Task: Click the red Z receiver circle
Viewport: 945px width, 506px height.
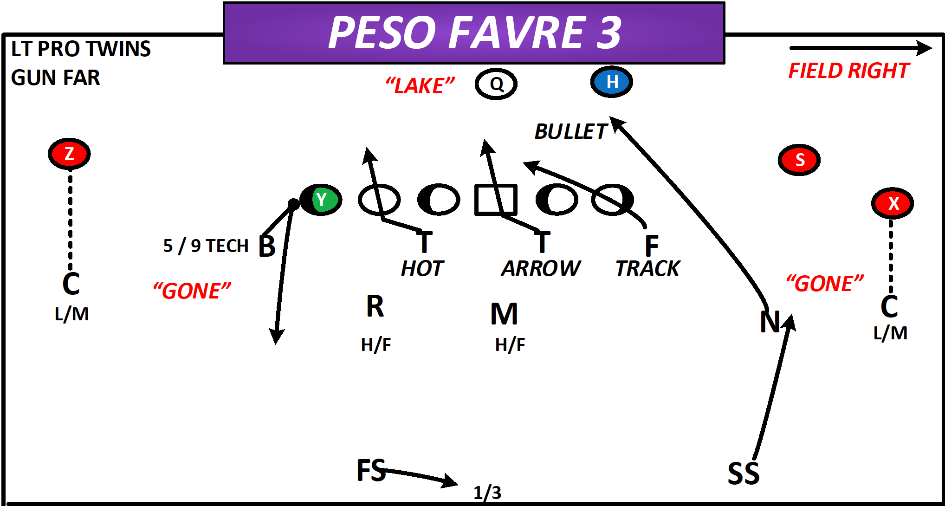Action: pyautogui.click(x=69, y=154)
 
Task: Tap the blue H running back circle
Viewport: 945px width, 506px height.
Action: pyautogui.click(x=611, y=82)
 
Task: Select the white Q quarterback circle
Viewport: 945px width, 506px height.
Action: pyautogui.click(x=496, y=84)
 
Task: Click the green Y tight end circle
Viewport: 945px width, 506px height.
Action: pyautogui.click(x=321, y=200)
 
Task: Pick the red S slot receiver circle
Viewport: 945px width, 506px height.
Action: pyautogui.click(x=799, y=160)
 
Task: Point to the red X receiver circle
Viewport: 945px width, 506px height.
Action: pyautogui.click(x=892, y=203)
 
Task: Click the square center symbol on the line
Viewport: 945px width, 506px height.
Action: pyautogui.click(x=495, y=200)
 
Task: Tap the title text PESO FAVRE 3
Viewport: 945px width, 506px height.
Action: pyautogui.click(x=474, y=32)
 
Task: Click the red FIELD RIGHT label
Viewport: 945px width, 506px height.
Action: pyautogui.click(x=848, y=71)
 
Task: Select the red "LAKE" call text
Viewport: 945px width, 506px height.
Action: pyautogui.click(x=420, y=86)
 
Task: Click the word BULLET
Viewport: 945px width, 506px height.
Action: pyautogui.click(x=570, y=132)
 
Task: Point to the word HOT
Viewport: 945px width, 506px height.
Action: pyautogui.click(x=422, y=268)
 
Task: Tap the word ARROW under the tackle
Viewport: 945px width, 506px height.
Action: pyautogui.click(x=540, y=268)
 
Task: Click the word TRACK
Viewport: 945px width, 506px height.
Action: pyautogui.click(x=647, y=268)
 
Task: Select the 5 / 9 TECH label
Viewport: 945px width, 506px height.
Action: pyautogui.click(x=206, y=246)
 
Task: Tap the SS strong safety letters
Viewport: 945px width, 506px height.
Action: pyautogui.click(x=743, y=474)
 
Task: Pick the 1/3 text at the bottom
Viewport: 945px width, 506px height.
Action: pyautogui.click(x=487, y=493)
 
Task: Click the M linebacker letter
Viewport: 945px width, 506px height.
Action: pyautogui.click(x=504, y=314)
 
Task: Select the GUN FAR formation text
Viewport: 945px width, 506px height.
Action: pyautogui.click(x=55, y=78)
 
